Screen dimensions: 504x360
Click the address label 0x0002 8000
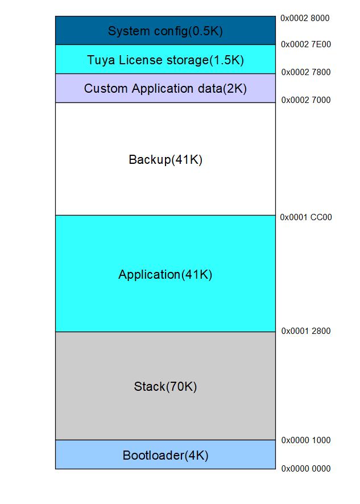(305, 18)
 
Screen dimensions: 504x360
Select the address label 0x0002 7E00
(306, 44)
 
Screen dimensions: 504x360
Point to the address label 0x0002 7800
(306, 72)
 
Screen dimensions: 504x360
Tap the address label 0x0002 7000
(306, 100)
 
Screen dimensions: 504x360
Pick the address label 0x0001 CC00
(306, 217)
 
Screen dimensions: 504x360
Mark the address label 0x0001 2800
(306, 331)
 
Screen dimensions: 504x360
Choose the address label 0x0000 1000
(306, 440)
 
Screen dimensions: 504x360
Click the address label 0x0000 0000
(306, 469)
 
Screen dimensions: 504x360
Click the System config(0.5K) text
(165, 31)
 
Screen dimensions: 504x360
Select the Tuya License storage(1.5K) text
(165, 60)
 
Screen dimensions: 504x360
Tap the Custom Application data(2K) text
(165, 89)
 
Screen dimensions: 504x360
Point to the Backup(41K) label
(165, 160)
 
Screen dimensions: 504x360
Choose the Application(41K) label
(165, 275)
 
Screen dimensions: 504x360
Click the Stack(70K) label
(165, 387)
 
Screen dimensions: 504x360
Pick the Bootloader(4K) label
(165, 456)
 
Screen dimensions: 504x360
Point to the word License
(134, 60)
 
